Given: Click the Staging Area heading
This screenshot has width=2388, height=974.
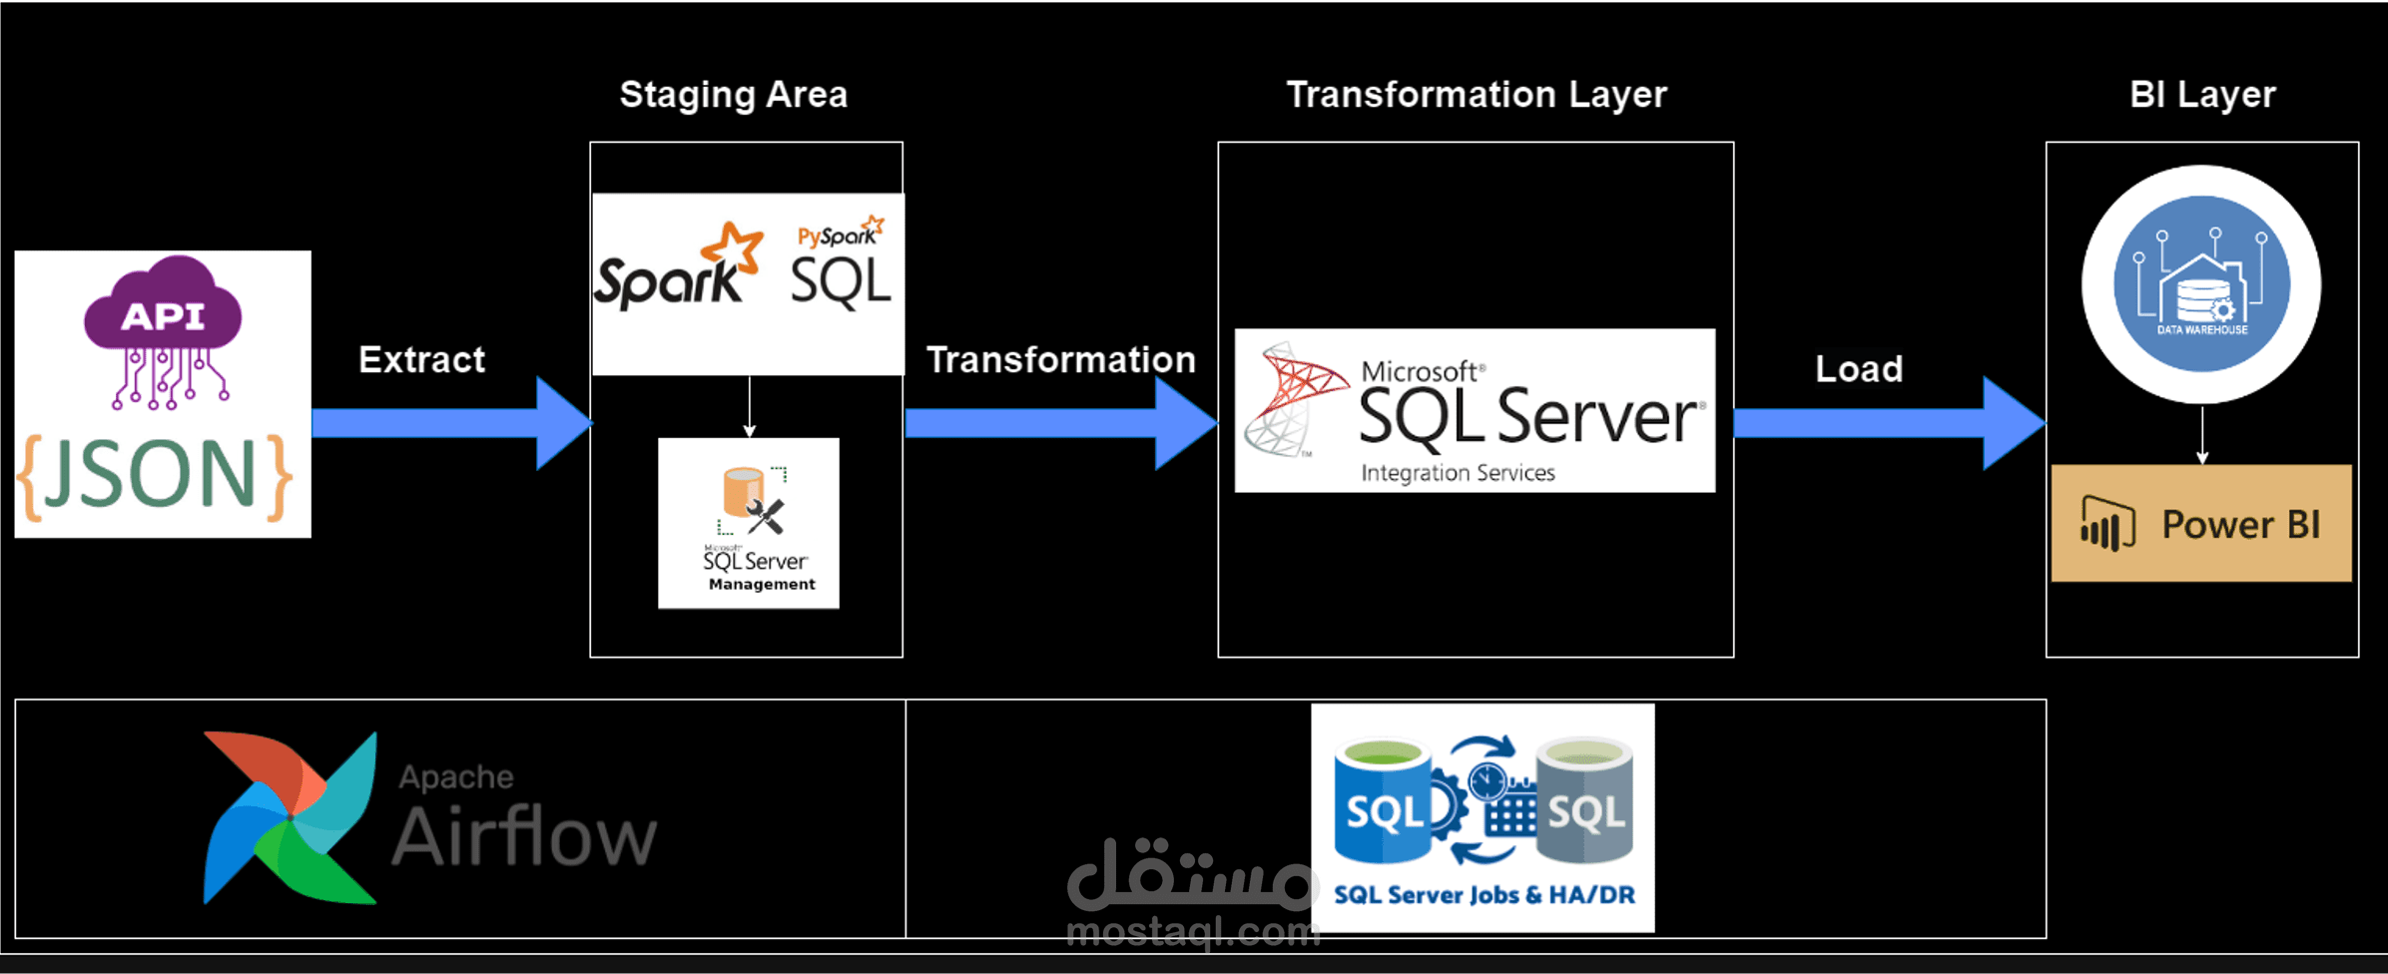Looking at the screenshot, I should pos(734,95).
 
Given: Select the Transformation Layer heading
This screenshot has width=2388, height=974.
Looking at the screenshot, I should pos(1477,95).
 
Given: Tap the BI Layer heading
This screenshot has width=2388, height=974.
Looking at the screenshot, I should pos(2202,95).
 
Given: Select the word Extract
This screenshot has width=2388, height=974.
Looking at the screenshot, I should pos(421,359).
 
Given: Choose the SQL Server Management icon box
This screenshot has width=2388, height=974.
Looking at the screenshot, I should pos(749,523).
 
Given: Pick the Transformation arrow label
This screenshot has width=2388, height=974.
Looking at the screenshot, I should pos(1060,359).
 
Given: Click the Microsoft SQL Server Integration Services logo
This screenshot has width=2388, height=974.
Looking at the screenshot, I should pos(1475,410).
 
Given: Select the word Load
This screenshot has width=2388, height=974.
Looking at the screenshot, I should pos(1859,369).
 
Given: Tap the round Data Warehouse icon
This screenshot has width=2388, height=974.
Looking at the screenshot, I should pos(2201,284).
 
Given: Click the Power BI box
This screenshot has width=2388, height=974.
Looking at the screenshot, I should pos(2201,523).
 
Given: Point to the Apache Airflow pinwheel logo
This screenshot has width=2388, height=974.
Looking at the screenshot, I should pos(290,818).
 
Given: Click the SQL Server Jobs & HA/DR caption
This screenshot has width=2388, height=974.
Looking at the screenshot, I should pos(1485,895).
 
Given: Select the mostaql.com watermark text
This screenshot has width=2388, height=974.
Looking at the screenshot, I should pos(1193,932).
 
